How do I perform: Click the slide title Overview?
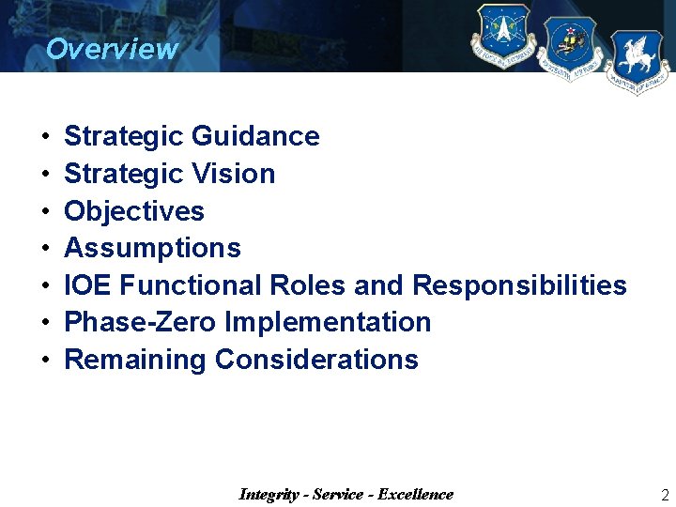[x=111, y=49]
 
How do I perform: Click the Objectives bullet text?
[x=134, y=211]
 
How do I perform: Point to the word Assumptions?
[x=152, y=249]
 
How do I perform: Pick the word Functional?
[x=191, y=285]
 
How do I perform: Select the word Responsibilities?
[x=519, y=285]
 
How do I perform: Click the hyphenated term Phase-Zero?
[x=140, y=322]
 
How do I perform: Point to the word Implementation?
[x=328, y=322]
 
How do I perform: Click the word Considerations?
[x=316, y=360]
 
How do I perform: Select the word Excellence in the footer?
[x=415, y=495]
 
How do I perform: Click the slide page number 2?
[x=665, y=496]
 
